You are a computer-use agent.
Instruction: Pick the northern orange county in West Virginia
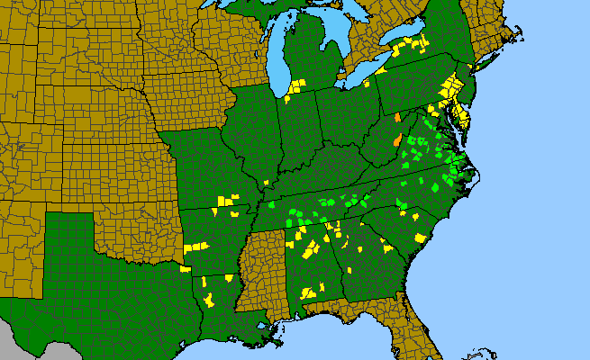point(397,117)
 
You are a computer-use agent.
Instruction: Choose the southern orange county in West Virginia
point(398,139)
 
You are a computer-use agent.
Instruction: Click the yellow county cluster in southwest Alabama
point(309,292)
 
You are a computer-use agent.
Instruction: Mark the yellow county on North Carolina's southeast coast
point(421,238)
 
